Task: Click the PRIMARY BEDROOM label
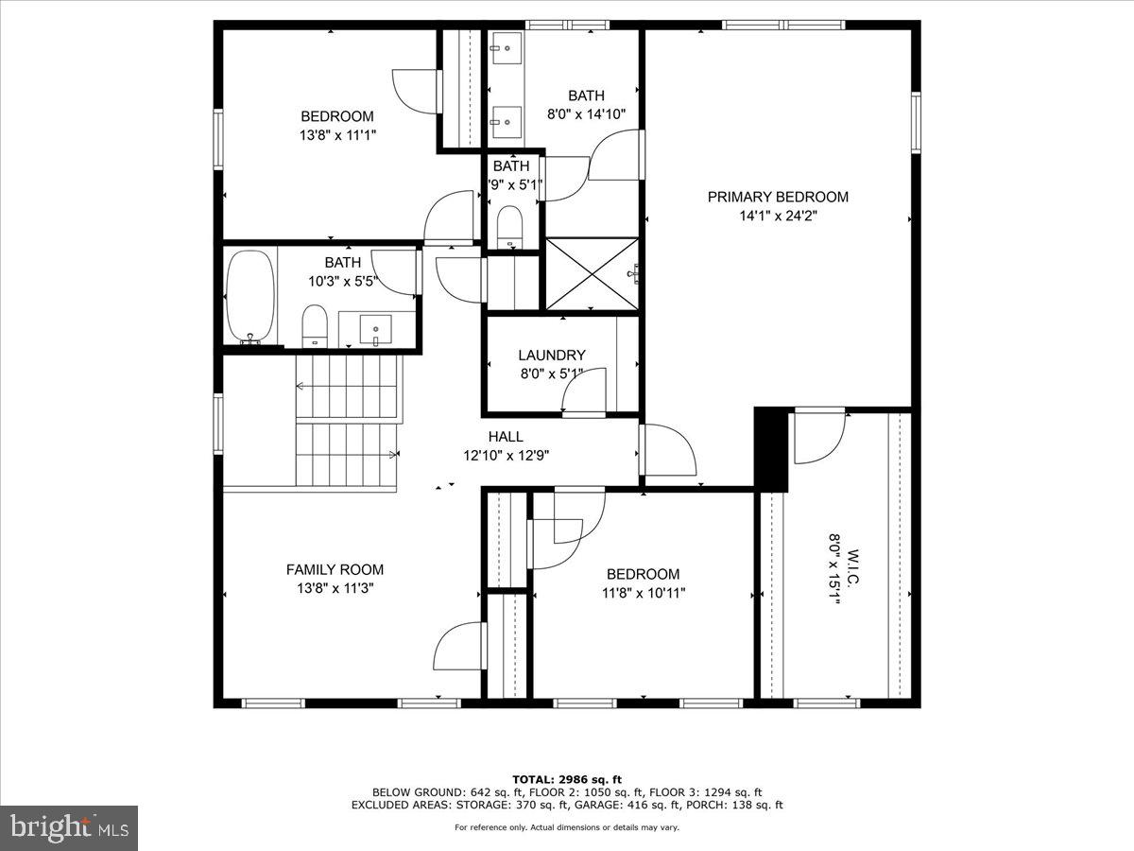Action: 778,197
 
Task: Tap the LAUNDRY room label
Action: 552,356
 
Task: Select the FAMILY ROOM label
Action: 335,569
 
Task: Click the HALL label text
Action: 506,437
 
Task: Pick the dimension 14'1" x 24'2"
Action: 778,216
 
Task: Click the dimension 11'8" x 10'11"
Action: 643,593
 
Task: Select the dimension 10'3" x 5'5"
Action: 342,281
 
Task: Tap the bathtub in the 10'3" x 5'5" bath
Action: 250,296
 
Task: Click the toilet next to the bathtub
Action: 314,325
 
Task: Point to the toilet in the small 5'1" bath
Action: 509,226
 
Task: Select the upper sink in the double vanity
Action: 507,43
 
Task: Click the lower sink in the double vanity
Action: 507,118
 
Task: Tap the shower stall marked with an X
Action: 592,273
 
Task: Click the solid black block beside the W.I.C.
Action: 771,449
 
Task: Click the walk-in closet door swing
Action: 817,438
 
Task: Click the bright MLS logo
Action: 69,828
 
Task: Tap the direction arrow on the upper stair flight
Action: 301,386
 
